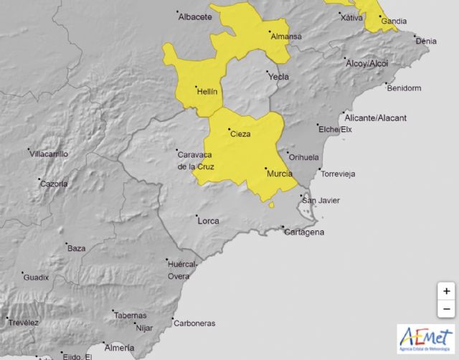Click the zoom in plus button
[446, 291]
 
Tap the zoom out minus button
[446, 309]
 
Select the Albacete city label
[195, 16]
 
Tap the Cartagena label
[305, 232]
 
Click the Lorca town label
[207, 220]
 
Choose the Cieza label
[240, 134]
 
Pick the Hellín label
[207, 91]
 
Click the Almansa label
[285, 36]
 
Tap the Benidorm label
[404, 88]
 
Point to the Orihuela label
[301, 156]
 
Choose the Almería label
[118, 346]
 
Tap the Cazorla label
[54, 184]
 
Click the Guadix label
[35, 277]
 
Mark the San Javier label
[318, 200]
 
